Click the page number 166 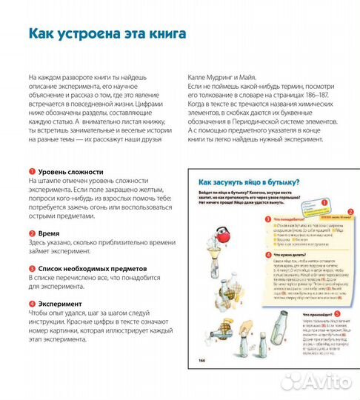pyautogui.click(x=200, y=381)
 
